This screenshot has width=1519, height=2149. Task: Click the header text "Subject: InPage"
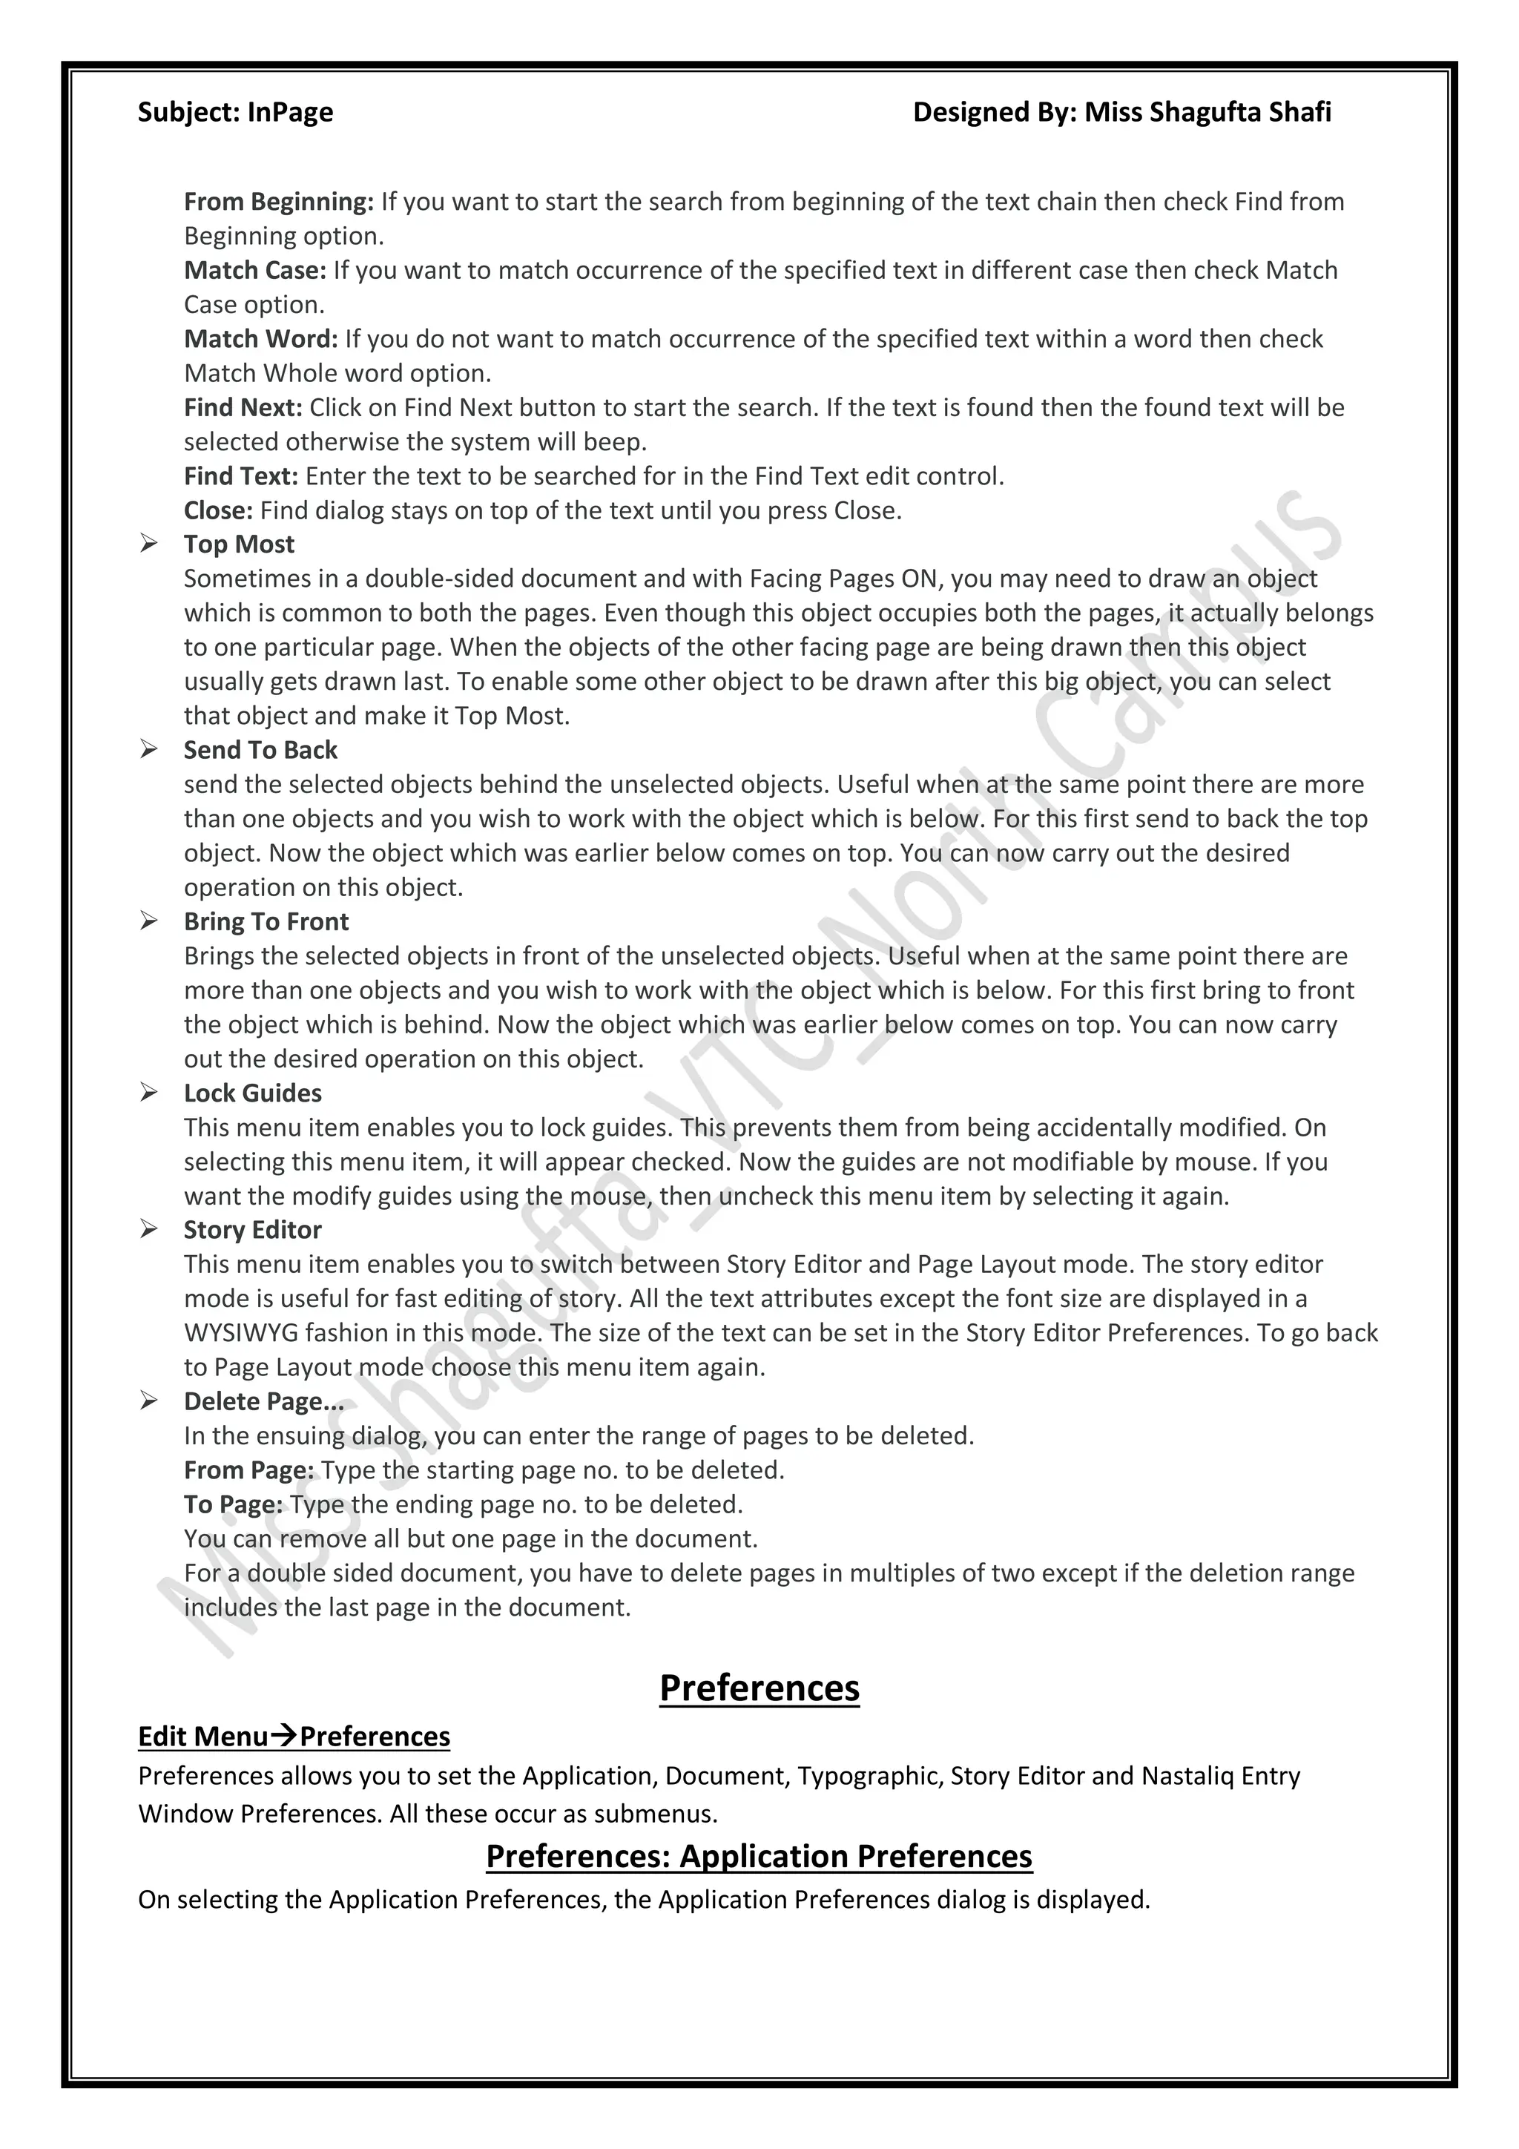click(235, 112)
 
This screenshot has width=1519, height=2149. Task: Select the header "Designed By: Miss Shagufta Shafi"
click(1121, 112)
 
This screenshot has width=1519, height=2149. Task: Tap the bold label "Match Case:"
click(254, 271)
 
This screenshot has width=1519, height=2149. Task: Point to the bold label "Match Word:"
click(260, 339)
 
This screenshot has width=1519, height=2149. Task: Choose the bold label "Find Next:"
click(243, 407)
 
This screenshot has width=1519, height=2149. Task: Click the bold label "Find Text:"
click(240, 476)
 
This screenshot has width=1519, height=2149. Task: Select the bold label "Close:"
click(218, 511)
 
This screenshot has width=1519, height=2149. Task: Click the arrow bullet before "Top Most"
click(149, 544)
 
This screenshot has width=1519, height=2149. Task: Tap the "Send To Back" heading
click(260, 750)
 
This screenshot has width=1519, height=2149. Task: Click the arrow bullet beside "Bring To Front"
click(149, 921)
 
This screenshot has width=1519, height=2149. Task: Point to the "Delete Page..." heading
click(264, 1401)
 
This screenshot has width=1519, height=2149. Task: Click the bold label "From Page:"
click(249, 1470)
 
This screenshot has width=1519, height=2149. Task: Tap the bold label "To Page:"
click(233, 1504)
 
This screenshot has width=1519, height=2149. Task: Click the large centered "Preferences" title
click(759, 1688)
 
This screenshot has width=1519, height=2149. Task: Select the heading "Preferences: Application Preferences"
click(759, 1856)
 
